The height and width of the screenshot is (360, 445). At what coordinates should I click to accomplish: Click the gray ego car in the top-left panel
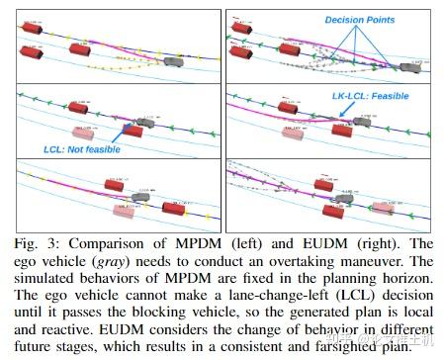[x=175, y=60]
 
